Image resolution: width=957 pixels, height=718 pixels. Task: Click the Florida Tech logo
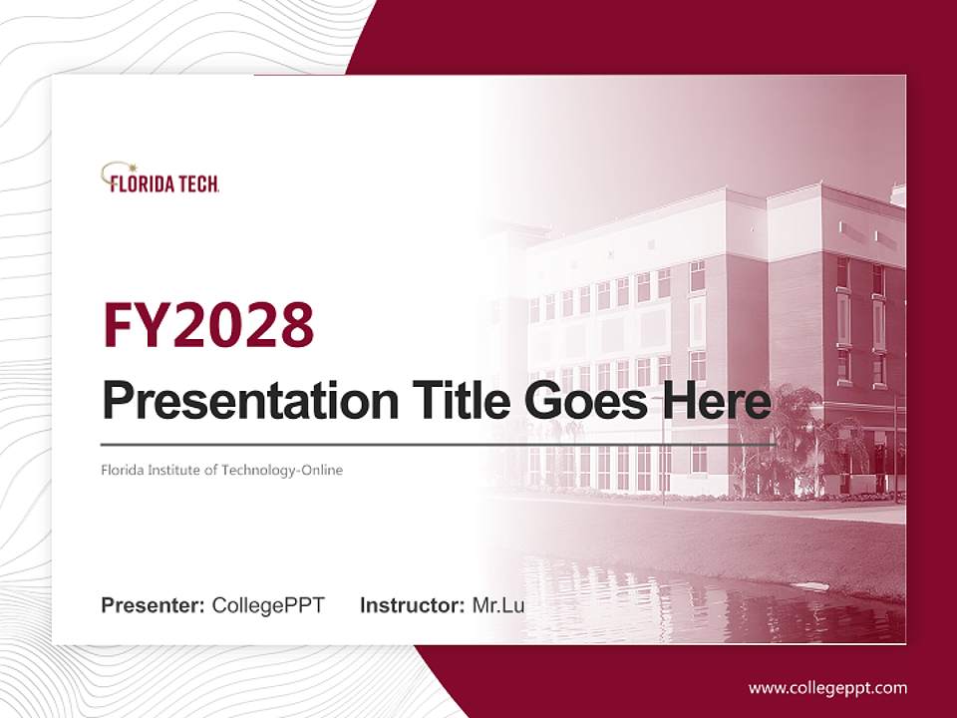(x=159, y=179)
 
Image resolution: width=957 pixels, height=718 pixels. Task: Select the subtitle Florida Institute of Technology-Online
(x=221, y=470)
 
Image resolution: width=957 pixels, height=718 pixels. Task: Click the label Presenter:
(x=154, y=605)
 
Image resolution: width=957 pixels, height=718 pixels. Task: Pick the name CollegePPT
(x=268, y=605)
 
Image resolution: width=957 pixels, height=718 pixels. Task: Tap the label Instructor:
(x=412, y=605)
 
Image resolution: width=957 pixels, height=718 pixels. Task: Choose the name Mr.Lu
(x=498, y=605)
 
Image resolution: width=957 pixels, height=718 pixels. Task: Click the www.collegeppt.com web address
(x=827, y=687)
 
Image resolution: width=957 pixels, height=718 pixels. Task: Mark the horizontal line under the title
(x=439, y=444)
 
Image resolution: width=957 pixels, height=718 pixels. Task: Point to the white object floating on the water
(x=811, y=585)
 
